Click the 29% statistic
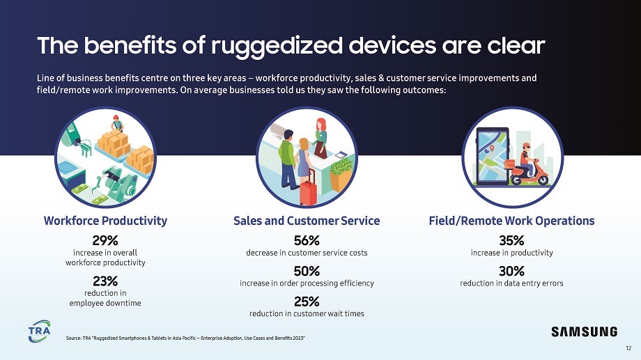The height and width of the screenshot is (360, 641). (105, 240)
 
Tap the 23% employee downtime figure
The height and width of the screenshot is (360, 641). (105, 281)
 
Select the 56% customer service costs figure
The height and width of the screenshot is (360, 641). (307, 240)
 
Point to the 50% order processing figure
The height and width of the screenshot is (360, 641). (307, 271)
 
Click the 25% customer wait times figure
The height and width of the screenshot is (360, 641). (307, 302)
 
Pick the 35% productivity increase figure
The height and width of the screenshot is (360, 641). (511, 240)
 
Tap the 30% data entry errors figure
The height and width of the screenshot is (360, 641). (511, 271)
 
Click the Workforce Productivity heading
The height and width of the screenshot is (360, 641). (105, 221)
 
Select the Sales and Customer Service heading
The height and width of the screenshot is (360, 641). (307, 221)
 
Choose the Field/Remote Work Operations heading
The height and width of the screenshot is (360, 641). (511, 221)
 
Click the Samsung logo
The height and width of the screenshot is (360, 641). (584, 331)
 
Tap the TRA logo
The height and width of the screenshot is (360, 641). (40, 331)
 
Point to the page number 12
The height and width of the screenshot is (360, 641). (628, 348)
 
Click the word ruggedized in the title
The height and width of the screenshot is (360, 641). (277, 46)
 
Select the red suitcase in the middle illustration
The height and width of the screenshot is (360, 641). (308, 187)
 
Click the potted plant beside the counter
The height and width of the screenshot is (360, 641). (341, 175)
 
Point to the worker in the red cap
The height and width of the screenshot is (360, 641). (117, 123)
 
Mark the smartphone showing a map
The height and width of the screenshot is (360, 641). (493, 157)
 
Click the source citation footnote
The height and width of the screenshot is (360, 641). (185, 338)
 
